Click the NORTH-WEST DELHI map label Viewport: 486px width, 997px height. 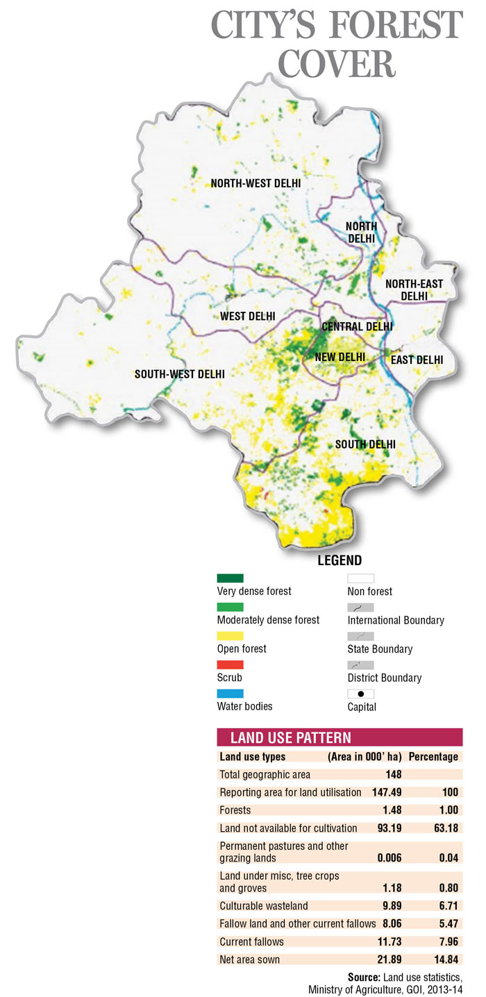[x=255, y=183]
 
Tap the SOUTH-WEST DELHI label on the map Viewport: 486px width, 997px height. [x=180, y=374]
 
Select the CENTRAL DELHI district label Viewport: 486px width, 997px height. [x=357, y=326]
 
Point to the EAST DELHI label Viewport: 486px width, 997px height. [x=417, y=360]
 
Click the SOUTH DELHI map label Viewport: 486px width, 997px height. [x=365, y=444]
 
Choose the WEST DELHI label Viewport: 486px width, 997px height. [x=248, y=317]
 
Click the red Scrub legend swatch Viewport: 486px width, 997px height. [x=230, y=664]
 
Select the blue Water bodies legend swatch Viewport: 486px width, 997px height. [x=230, y=694]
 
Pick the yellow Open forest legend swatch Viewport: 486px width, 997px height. [x=230, y=636]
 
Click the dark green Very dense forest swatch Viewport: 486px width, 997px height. [x=230, y=578]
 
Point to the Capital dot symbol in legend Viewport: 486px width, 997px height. [x=360, y=694]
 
